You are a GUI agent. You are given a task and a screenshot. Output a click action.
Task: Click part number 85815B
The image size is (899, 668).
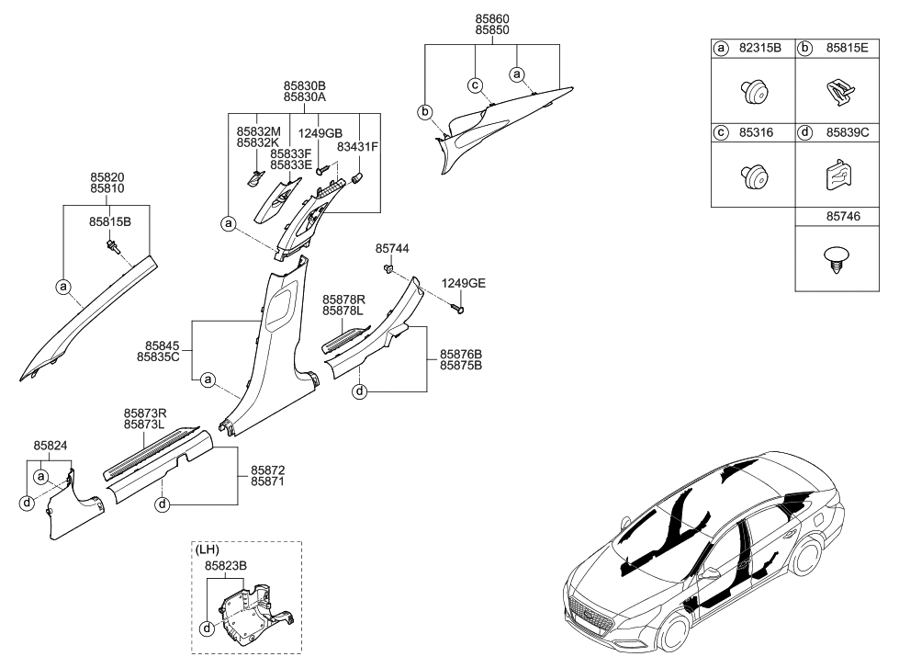click(109, 221)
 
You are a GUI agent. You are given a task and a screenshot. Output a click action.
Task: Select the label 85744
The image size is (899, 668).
click(392, 249)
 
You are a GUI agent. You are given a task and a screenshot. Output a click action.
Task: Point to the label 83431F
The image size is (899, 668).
click(357, 146)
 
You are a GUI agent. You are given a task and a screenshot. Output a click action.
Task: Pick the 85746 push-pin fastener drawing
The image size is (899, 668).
click(837, 256)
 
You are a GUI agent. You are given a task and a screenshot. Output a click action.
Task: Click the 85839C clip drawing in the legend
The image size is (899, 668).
click(837, 174)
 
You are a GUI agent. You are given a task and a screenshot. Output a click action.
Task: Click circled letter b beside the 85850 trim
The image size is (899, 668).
click(425, 112)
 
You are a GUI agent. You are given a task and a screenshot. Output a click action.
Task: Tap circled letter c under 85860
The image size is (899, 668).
click(476, 85)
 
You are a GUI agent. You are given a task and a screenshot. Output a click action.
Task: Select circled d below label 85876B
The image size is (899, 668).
click(360, 392)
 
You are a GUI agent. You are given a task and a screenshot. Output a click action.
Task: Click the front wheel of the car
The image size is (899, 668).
click(672, 633)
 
